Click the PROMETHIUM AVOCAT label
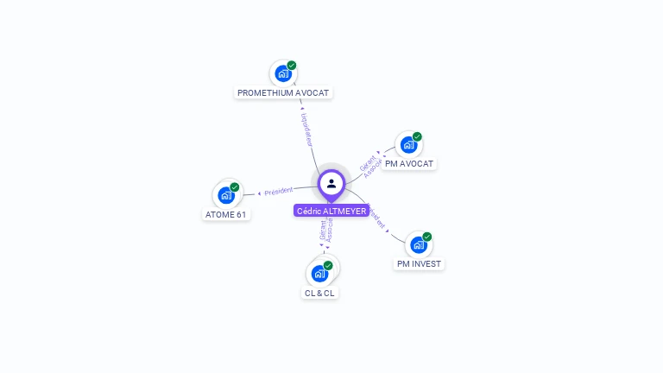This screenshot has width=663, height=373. click(283, 92)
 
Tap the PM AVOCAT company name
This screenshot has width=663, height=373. click(409, 163)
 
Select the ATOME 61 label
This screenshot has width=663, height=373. click(226, 214)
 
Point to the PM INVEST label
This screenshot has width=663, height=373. click(420, 263)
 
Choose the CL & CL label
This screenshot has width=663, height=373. click(319, 293)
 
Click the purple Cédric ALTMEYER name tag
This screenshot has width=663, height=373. click(331, 211)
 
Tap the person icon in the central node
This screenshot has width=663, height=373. click(331, 183)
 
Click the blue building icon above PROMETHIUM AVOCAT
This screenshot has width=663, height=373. click(282, 74)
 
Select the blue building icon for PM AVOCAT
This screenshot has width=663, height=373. click(408, 145)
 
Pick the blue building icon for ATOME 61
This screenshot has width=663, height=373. click(225, 196)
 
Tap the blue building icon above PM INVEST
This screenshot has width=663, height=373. click(418, 245)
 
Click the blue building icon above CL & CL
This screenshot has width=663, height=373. click(319, 275)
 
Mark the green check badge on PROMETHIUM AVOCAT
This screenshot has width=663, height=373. click(292, 66)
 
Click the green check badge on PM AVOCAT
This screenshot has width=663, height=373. click(417, 136)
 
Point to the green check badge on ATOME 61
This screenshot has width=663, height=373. click(235, 187)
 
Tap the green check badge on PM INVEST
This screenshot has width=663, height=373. click(426, 237)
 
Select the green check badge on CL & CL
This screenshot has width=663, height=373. click(328, 266)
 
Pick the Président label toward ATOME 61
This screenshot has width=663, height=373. click(278, 191)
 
